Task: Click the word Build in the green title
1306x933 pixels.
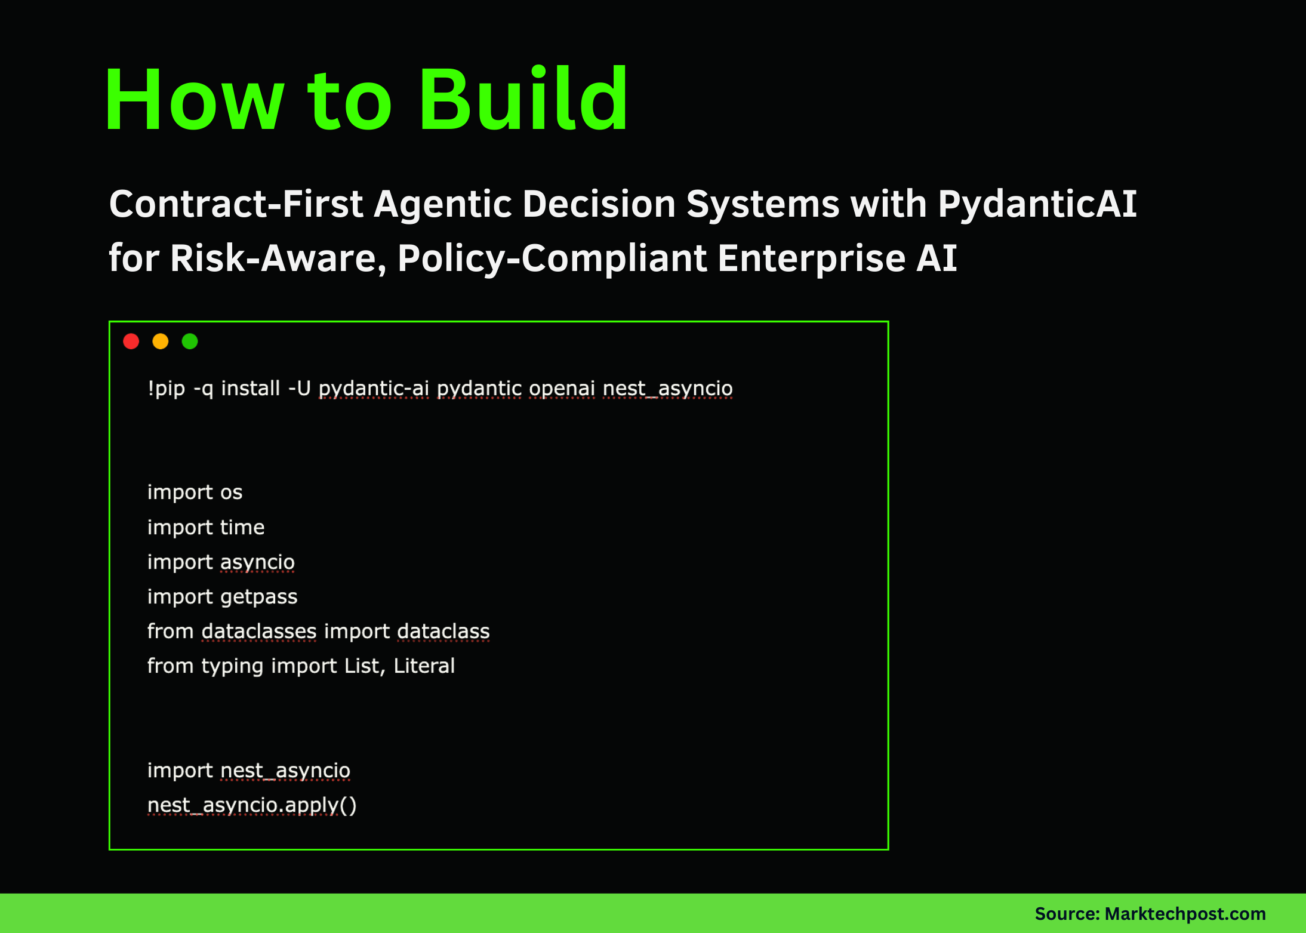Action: pos(523,100)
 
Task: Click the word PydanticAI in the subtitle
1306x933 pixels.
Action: pos(1037,205)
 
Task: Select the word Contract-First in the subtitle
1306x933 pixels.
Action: pos(236,205)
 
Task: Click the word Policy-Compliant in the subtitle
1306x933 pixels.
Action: pos(552,258)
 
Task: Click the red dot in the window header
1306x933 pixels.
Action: pos(131,341)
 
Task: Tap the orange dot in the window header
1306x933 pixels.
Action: pos(161,341)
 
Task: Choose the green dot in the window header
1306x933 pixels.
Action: pos(190,341)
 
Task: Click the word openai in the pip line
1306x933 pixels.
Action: pos(562,389)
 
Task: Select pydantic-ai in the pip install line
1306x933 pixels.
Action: pos(374,389)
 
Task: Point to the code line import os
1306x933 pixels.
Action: pos(195,492)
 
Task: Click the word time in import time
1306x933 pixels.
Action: pos(242,528)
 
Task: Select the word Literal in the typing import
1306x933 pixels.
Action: pos(424,666)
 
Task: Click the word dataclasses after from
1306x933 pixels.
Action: pos(259,632)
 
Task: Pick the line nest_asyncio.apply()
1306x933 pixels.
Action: pos(252,806)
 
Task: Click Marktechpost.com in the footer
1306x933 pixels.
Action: pos(1185,914)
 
